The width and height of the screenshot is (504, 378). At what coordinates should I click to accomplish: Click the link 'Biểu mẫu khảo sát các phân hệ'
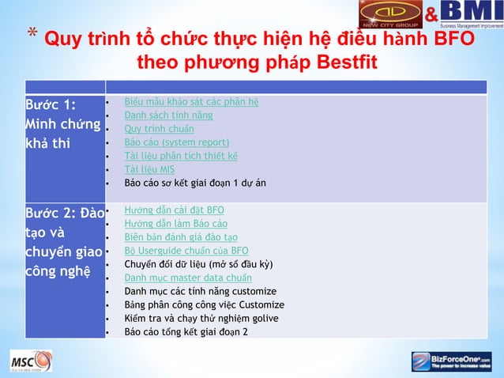click(x=192, y=101)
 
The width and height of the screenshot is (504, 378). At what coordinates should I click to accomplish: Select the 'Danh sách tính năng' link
click(x=169, y=115)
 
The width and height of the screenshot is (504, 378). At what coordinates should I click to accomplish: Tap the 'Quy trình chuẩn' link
click(x=160, y=128)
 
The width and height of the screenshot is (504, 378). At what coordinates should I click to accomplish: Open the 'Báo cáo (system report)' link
click(x=177, y=142)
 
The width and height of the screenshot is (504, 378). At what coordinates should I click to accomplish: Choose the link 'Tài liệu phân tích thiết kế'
click(x=182, y=156)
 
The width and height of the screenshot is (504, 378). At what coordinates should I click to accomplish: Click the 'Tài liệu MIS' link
click(x=150, y=169)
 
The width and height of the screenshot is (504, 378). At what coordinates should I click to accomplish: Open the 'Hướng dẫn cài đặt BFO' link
click(x=175, y=210)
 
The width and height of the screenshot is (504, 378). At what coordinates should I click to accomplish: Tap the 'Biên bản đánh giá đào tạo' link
click(x=182, y=237)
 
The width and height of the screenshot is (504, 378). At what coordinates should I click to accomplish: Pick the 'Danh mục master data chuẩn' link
click(x=189, y=278)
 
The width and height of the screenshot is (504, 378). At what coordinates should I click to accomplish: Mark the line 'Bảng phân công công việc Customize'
click(x=205, y=304)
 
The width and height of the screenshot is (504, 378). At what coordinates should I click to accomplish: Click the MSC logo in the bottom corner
click(x=32, y=362)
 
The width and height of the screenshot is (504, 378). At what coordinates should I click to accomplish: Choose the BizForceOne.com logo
click(x=451, y=362)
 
